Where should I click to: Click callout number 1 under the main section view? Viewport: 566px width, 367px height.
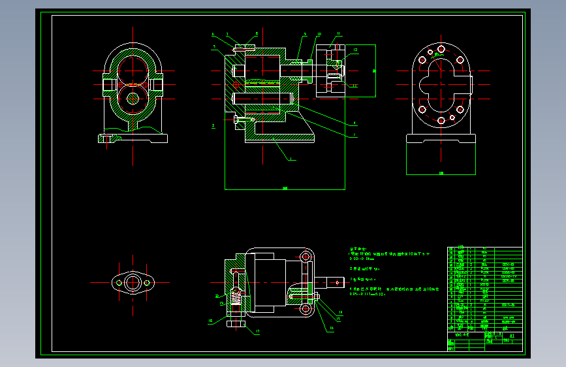point(291,159)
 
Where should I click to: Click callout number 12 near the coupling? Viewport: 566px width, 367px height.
point(355,50)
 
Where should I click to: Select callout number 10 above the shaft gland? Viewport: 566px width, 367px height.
point(319,34)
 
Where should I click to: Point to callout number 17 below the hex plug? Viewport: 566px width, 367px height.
point(257,332)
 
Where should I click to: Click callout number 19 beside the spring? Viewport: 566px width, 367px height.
point(221,304)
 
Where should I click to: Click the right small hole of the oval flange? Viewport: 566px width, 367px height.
point(148,283)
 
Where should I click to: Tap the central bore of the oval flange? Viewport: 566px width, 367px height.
point(133,283)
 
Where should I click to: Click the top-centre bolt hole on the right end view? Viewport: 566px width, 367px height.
point(441,50)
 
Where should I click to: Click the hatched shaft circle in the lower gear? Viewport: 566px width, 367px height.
point(133,99)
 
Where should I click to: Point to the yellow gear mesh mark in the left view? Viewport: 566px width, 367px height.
point(133,84)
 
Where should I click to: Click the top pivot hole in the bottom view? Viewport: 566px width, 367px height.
point(305,257)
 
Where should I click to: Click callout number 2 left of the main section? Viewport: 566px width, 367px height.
point(213,125)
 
